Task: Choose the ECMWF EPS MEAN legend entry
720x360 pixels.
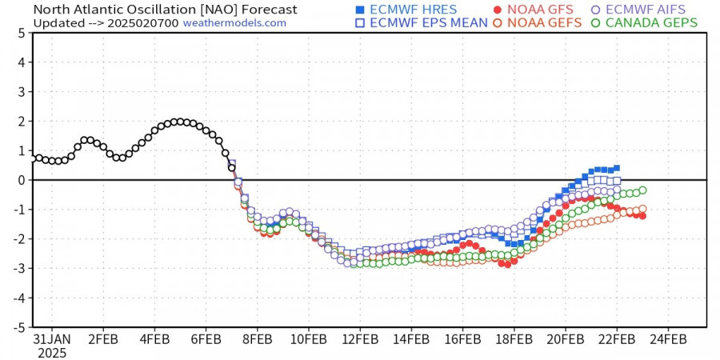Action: [421, 22]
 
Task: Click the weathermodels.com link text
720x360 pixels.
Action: [234, 23]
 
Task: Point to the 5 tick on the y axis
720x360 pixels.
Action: [20, 33]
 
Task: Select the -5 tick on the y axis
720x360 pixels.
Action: [18, 327]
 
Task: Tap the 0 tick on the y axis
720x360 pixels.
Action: [20, 180]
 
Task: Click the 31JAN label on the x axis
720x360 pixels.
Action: [52, 339]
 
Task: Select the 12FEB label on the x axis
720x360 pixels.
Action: [358, 339]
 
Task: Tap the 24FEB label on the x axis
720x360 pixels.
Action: [666, 339]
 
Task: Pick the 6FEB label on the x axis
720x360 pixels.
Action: [206, 339]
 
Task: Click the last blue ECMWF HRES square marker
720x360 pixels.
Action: [616, 168]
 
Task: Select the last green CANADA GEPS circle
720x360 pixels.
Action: [642, 190]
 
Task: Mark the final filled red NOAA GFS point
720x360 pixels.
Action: [642, 216]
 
